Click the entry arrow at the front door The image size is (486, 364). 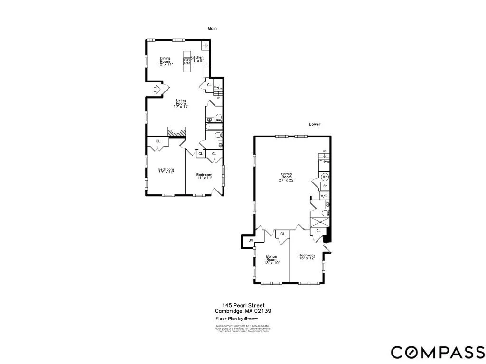point(158,89)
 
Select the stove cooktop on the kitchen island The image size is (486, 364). point(187,60)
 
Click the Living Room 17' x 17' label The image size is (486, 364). point(181,103)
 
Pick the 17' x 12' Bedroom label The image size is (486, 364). point(166,171)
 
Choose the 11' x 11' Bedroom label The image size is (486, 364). point(204,176)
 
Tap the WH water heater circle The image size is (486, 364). point(325,177)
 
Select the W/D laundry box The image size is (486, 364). point(324,195)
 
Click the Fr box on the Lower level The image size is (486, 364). point(325,186)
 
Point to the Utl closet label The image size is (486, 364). point(251,241)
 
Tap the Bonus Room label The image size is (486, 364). point(271,259)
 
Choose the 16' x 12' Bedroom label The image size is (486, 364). point(307,256)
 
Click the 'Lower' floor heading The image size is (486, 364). point(315,124)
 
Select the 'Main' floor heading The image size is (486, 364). point(212,29)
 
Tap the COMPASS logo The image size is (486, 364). point(438,352)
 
